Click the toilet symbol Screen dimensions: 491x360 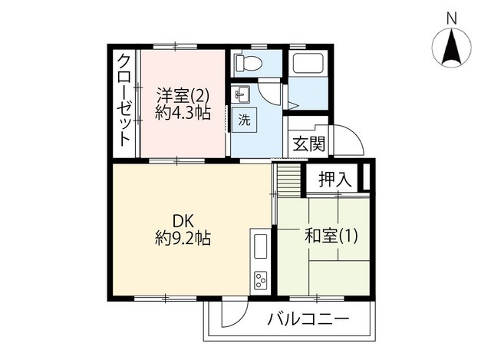[249, 63]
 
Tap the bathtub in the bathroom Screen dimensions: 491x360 [308, 64]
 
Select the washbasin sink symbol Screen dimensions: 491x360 [242, 94]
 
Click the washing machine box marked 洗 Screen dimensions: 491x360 [244, 120]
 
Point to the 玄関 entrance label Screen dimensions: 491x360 [308, 144]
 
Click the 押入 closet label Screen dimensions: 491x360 [335, 180]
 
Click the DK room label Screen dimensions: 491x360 [183, 222]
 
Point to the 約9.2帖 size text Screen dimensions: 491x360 [183, 239]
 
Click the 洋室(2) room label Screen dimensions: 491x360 [183, 95]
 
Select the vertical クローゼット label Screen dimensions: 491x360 [124, 101]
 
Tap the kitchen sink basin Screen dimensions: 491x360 [260, 246]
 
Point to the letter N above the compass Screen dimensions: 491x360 [451, 18]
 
